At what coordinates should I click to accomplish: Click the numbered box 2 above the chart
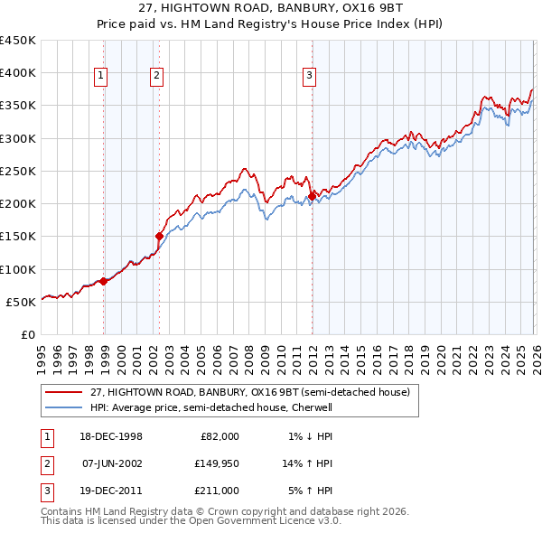tap(156, 77)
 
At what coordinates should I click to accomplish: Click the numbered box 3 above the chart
tap(309, 77)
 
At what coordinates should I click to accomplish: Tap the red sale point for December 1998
tap(104, 281)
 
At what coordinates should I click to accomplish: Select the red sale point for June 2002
tap(159, 236)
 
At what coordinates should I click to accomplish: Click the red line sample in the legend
tap(64, 392)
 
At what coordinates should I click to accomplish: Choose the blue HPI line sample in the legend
tap(64, 407)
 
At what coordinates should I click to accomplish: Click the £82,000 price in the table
tap(220, 436)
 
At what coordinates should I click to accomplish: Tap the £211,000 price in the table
tap(218, 491)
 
